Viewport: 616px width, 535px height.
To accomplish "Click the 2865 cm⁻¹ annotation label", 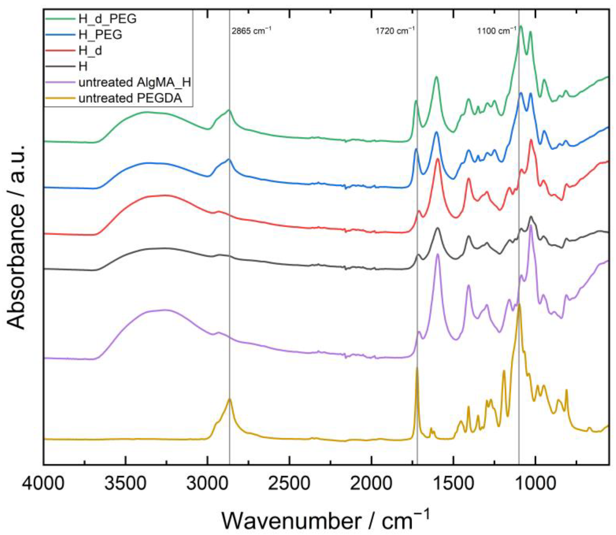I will point(251,31).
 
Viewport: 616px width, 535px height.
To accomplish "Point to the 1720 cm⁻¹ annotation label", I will point(395,31).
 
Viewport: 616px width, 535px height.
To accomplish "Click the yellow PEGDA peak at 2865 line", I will point(229,399).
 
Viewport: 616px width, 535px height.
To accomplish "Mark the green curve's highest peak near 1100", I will point(521,26).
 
